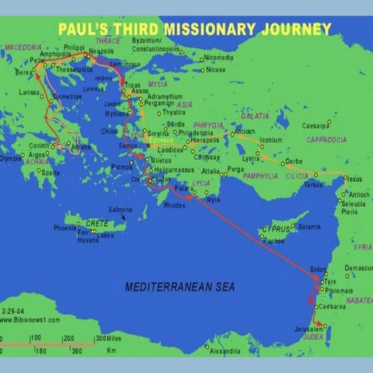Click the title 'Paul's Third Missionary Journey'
[x=194, y=29]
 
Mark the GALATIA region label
[x=255, y=115]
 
